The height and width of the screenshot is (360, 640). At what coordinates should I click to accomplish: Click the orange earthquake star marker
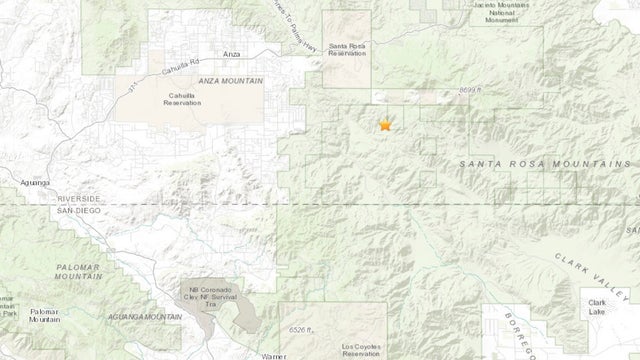[384, 125]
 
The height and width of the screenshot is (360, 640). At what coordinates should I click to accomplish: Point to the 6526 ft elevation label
[299, 328]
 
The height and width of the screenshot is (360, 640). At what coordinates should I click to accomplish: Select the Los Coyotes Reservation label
[362, 351]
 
